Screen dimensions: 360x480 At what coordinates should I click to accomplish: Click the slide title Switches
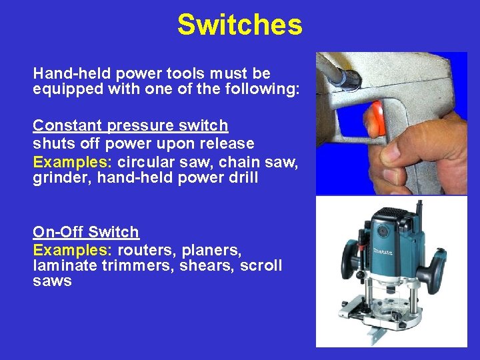click(x=239, y=25)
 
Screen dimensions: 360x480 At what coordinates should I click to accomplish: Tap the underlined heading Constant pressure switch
click(x=131, y=125)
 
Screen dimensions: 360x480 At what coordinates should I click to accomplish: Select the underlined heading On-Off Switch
click(x=86, y=232)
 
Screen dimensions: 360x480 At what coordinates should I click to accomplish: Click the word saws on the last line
click(x=52, y=281)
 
